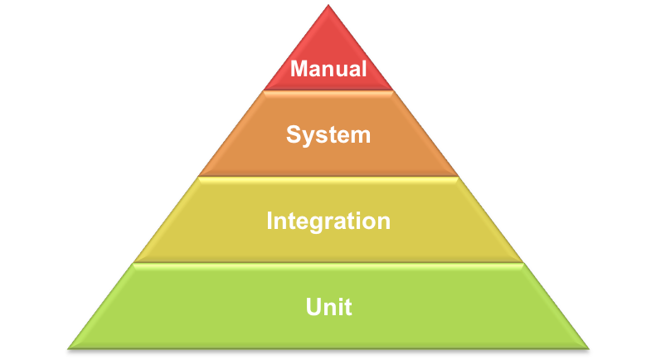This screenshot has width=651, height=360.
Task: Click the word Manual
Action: [x=328, y=69]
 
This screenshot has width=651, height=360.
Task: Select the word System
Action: [x=328, y=135]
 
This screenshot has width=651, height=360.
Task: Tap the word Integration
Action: [x=328, y=221]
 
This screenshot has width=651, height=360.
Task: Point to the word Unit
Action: [x=329, y=307]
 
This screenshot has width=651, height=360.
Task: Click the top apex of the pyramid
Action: [x=328, y=5]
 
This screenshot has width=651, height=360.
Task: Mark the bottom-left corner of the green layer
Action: [x=68, y=348]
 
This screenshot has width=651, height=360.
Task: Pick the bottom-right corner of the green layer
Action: [x=589, y=348]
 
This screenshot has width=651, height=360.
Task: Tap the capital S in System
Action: [x=294, y=134]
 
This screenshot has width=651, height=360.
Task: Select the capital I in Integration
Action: [x=270, y=221]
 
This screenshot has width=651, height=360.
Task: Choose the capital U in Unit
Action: [x=313, y=307]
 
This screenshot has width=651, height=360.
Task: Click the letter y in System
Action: [x=309, y=139]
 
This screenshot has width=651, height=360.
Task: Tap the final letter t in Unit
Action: [x=349, y=307]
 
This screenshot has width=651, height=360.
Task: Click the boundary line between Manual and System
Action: [x=328, y=90]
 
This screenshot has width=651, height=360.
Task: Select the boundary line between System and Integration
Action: [x=328, y=177]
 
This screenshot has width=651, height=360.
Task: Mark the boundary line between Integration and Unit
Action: [x=328, y=263]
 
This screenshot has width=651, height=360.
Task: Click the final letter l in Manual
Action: [x=364, y=69]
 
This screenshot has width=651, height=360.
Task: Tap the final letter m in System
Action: [x=359, y=137]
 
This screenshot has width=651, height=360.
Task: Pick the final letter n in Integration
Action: [x=383, y=223]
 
